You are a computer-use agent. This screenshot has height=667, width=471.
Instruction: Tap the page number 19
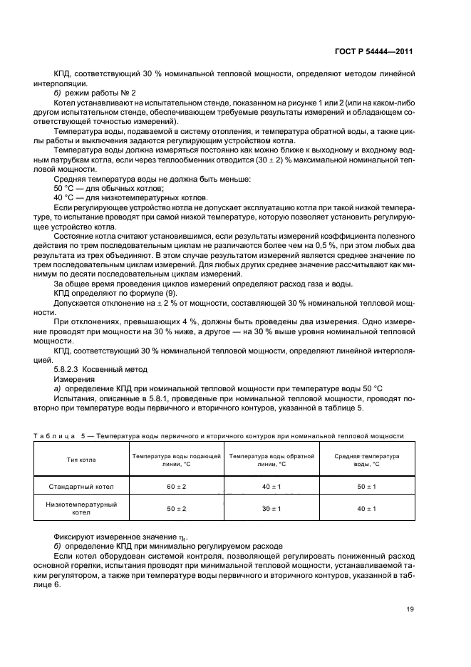pyautogui.click(x=409, y=609)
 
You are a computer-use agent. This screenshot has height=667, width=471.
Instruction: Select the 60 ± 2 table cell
pyautogui.click(x=176, y=486)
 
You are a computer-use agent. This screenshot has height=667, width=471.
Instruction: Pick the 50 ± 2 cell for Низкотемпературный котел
pyautogui.click(x=176, y=508)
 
